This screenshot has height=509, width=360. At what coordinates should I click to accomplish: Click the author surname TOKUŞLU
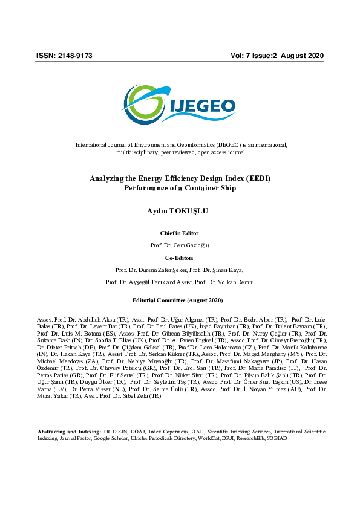(191, 211)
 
